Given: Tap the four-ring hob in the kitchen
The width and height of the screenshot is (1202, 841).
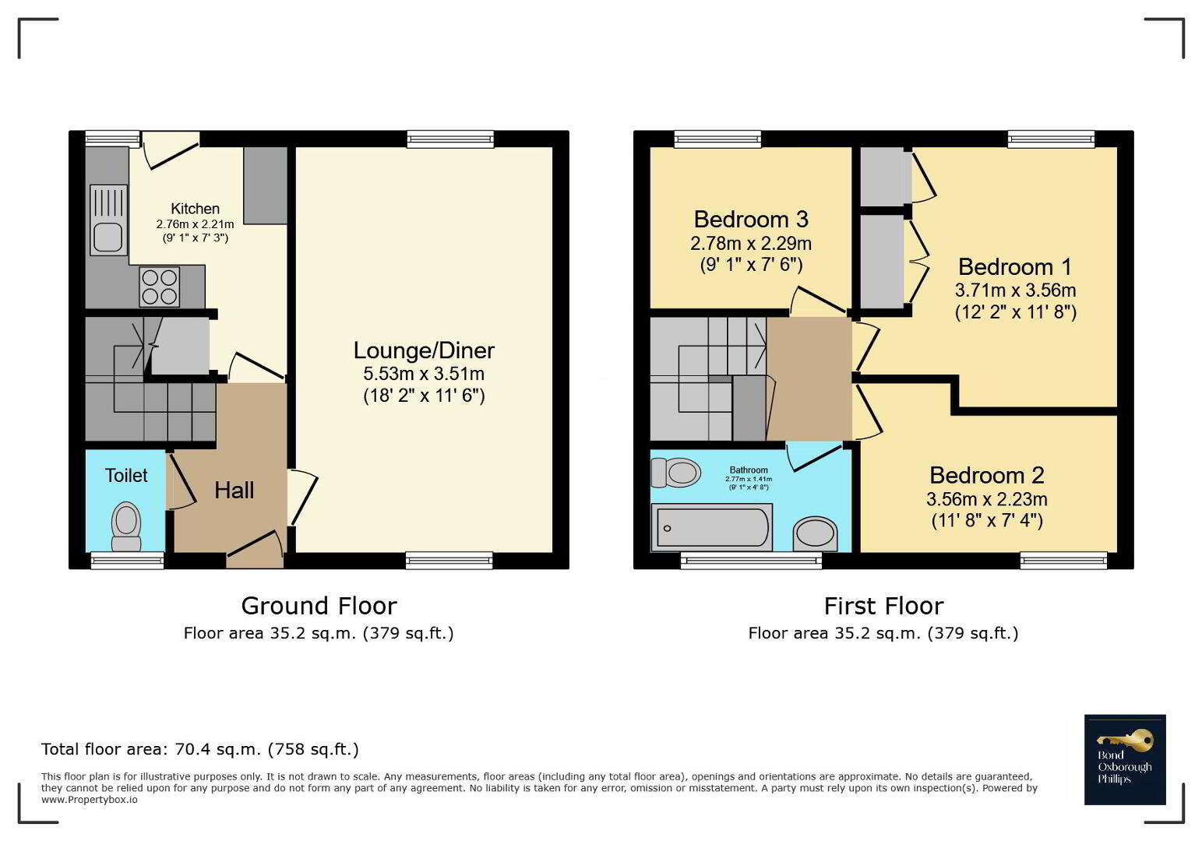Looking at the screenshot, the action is [x=160, y=287].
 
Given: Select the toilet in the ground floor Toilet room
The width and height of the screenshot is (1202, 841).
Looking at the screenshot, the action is [x=126, y=526].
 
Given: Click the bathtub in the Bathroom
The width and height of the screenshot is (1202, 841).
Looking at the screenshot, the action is [x=711, y=528].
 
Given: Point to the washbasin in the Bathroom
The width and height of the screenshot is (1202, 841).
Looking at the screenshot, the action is [x=815, y=534].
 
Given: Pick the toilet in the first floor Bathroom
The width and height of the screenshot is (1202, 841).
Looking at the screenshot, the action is [x=675, y=473].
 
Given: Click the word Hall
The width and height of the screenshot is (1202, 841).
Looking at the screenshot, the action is [x=234, y=491].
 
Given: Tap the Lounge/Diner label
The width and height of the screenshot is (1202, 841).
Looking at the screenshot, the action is [x=424, y=350].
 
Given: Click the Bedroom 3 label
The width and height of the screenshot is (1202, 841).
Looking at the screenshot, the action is [x=751, y=219].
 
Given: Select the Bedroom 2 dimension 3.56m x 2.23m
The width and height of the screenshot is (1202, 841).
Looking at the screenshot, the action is [x=987, y=499].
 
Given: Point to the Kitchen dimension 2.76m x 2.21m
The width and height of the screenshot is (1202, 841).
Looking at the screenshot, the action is [x=195, y=224].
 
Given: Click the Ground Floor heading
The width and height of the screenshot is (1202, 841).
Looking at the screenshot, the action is [x=319, y=606].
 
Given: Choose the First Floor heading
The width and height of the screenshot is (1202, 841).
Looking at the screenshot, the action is [x=883, y=606].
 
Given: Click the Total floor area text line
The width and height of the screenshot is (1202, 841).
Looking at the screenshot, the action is [x=199, y=749].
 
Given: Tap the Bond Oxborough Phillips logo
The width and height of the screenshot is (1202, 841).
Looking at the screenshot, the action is [x=1125, y=759].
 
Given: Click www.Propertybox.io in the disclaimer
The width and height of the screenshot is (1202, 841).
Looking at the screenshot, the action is [x=90, y=800].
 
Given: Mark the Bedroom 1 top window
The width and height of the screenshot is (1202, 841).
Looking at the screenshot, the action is [x=1051, y=139].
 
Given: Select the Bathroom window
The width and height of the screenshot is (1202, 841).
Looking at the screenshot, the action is [x=751, y=561].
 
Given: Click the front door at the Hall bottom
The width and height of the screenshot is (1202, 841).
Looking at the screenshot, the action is [x=255, y=548].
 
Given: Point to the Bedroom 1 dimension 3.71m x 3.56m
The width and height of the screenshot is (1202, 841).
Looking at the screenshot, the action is [x=1015, y=290].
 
